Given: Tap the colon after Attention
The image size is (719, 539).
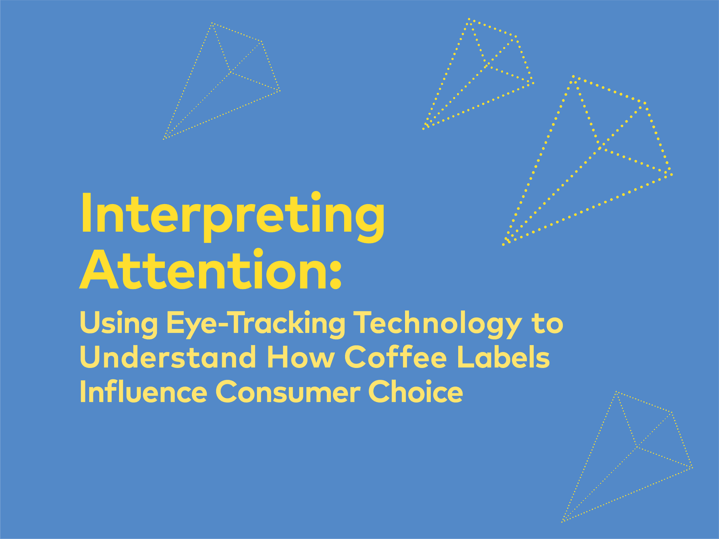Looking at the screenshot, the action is point(336,274).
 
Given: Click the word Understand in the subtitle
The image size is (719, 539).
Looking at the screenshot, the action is point(168,357).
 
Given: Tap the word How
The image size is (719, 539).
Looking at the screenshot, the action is point(301,357).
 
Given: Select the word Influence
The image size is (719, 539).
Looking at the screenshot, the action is point(144,391).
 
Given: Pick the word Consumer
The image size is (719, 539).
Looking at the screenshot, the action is point(288,391).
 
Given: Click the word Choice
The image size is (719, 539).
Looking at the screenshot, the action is point(416,391).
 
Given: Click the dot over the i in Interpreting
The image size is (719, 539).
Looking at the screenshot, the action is point(316,196).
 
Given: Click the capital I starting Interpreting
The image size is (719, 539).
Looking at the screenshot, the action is point(86,213).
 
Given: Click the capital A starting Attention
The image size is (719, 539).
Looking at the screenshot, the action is point(99,269).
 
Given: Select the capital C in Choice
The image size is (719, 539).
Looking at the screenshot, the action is point(380,391).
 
